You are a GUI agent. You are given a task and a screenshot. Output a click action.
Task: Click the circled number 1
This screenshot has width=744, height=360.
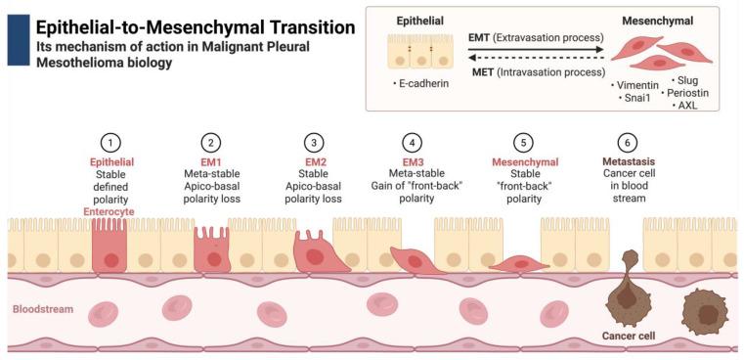click(x=113, y=142)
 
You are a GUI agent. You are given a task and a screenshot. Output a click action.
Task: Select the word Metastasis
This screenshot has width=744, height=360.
click(x=627, y=161)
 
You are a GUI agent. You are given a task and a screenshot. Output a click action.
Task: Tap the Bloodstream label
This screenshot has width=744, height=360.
click(x=42, y=309)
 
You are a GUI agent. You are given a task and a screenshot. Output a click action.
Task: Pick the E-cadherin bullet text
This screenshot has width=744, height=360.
click(x=422, y=84)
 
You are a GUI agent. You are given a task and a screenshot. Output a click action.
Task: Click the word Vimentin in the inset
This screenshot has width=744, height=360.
click(x=634, y=85)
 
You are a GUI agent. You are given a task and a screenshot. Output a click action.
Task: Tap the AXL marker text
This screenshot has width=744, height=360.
click(x=687, y=105)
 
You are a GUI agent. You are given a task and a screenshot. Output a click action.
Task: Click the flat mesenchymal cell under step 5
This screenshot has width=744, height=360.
click(x=514, y=263)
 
